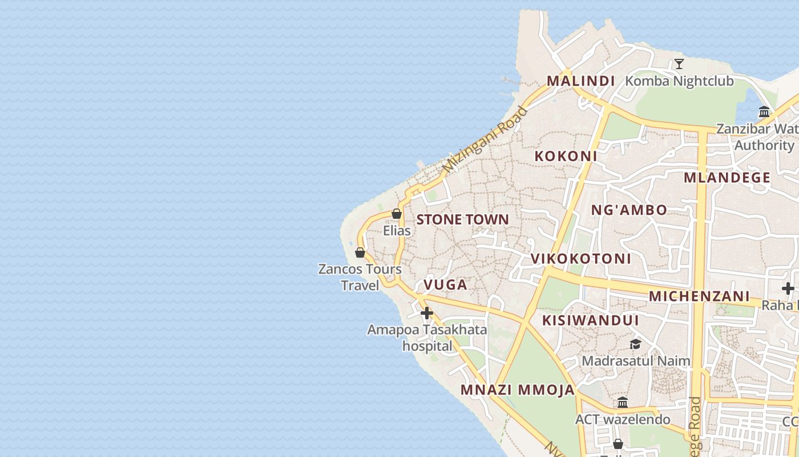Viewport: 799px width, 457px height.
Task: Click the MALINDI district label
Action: coord(580,81)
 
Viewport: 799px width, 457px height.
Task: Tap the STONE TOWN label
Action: coord(462,219)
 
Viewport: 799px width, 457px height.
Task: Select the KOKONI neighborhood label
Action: coord(566,155)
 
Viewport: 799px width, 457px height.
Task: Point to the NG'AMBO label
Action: coord(629,210)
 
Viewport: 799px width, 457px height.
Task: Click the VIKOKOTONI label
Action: coord(581,258)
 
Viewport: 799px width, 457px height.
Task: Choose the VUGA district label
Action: coord(445,284)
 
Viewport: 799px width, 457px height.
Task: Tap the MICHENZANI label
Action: coord(699,296)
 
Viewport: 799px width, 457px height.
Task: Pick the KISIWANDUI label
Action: coord(591,320)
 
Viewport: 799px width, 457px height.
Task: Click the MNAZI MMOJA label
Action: coord(518,390)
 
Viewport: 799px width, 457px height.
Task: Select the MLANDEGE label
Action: coord(727,177)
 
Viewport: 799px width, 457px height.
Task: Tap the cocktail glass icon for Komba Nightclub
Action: coord(679,63)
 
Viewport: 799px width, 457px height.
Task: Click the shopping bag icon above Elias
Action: coord(397,214)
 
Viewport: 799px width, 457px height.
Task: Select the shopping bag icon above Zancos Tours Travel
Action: coord(360,252)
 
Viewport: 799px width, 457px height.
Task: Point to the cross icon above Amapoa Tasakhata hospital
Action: coord(427,313)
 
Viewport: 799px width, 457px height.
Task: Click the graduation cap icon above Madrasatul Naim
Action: coord(635,344)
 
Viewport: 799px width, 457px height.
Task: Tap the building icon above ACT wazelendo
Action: coord(623,403)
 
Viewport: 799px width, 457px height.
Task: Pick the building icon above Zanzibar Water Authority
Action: coord(765,111)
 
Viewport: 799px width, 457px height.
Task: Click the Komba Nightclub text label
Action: coord(679,81)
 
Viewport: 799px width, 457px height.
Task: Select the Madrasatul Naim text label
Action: coord(636,361)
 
